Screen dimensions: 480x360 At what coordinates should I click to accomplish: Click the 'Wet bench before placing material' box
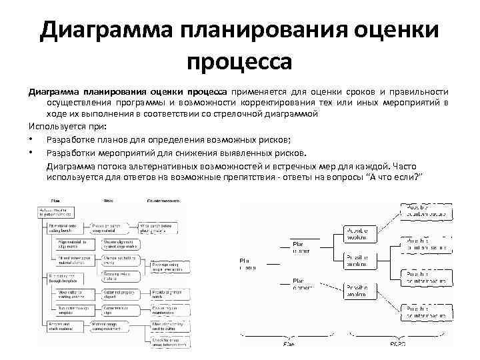click(x=157, y=229)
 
